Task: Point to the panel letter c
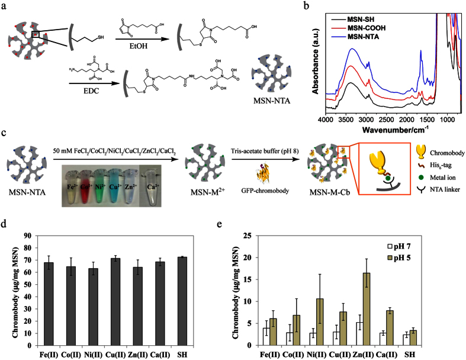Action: tap(5, 136)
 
